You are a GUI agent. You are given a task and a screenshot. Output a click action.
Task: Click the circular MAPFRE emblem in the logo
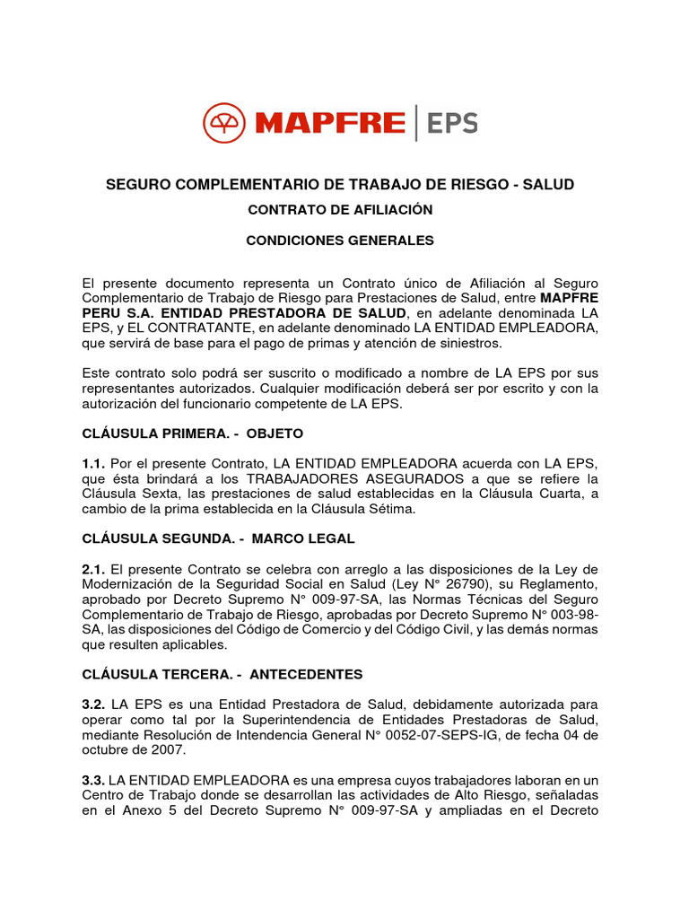tap(224, 123)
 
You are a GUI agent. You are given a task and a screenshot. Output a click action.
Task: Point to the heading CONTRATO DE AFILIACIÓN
tap(340, 209)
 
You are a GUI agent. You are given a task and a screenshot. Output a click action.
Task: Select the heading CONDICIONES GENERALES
tap(340, 241)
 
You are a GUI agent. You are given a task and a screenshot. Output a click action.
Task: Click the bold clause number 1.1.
tap(94, 463)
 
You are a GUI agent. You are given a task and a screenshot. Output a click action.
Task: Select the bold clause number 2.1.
tap(94, 569)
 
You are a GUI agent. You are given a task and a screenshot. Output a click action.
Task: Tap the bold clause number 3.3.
tap(94, 781)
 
